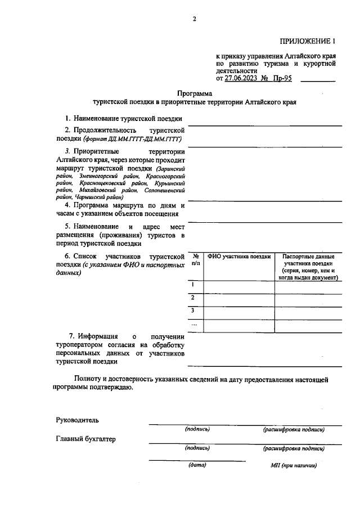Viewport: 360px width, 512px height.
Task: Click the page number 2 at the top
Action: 194,19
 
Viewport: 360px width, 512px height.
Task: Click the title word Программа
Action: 194,93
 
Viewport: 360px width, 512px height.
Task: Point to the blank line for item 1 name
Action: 264,123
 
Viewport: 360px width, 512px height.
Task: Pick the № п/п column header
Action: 195,259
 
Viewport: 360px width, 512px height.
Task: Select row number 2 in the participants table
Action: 193,298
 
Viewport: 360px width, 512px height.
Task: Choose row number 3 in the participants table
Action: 193,311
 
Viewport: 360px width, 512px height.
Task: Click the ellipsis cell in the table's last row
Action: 194,324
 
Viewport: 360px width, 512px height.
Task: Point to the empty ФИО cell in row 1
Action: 239,287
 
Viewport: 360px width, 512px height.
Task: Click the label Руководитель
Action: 77,420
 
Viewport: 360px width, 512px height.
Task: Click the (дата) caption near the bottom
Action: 197,465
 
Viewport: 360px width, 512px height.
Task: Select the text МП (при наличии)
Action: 294,466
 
